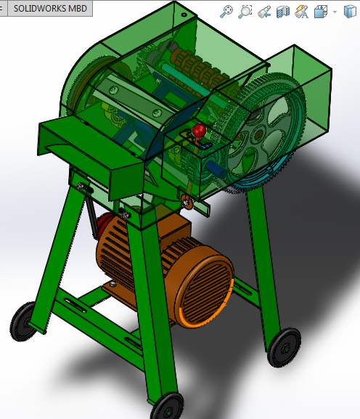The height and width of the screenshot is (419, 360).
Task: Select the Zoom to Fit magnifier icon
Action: (x=227, y=11)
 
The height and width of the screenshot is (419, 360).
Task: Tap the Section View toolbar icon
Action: (x=284, y=11)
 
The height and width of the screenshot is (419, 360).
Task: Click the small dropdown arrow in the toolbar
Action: (x=335, y=11)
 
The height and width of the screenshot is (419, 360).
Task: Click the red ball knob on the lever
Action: (x=198, y=131)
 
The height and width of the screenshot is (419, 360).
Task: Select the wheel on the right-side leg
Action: (x=284, y=346)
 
